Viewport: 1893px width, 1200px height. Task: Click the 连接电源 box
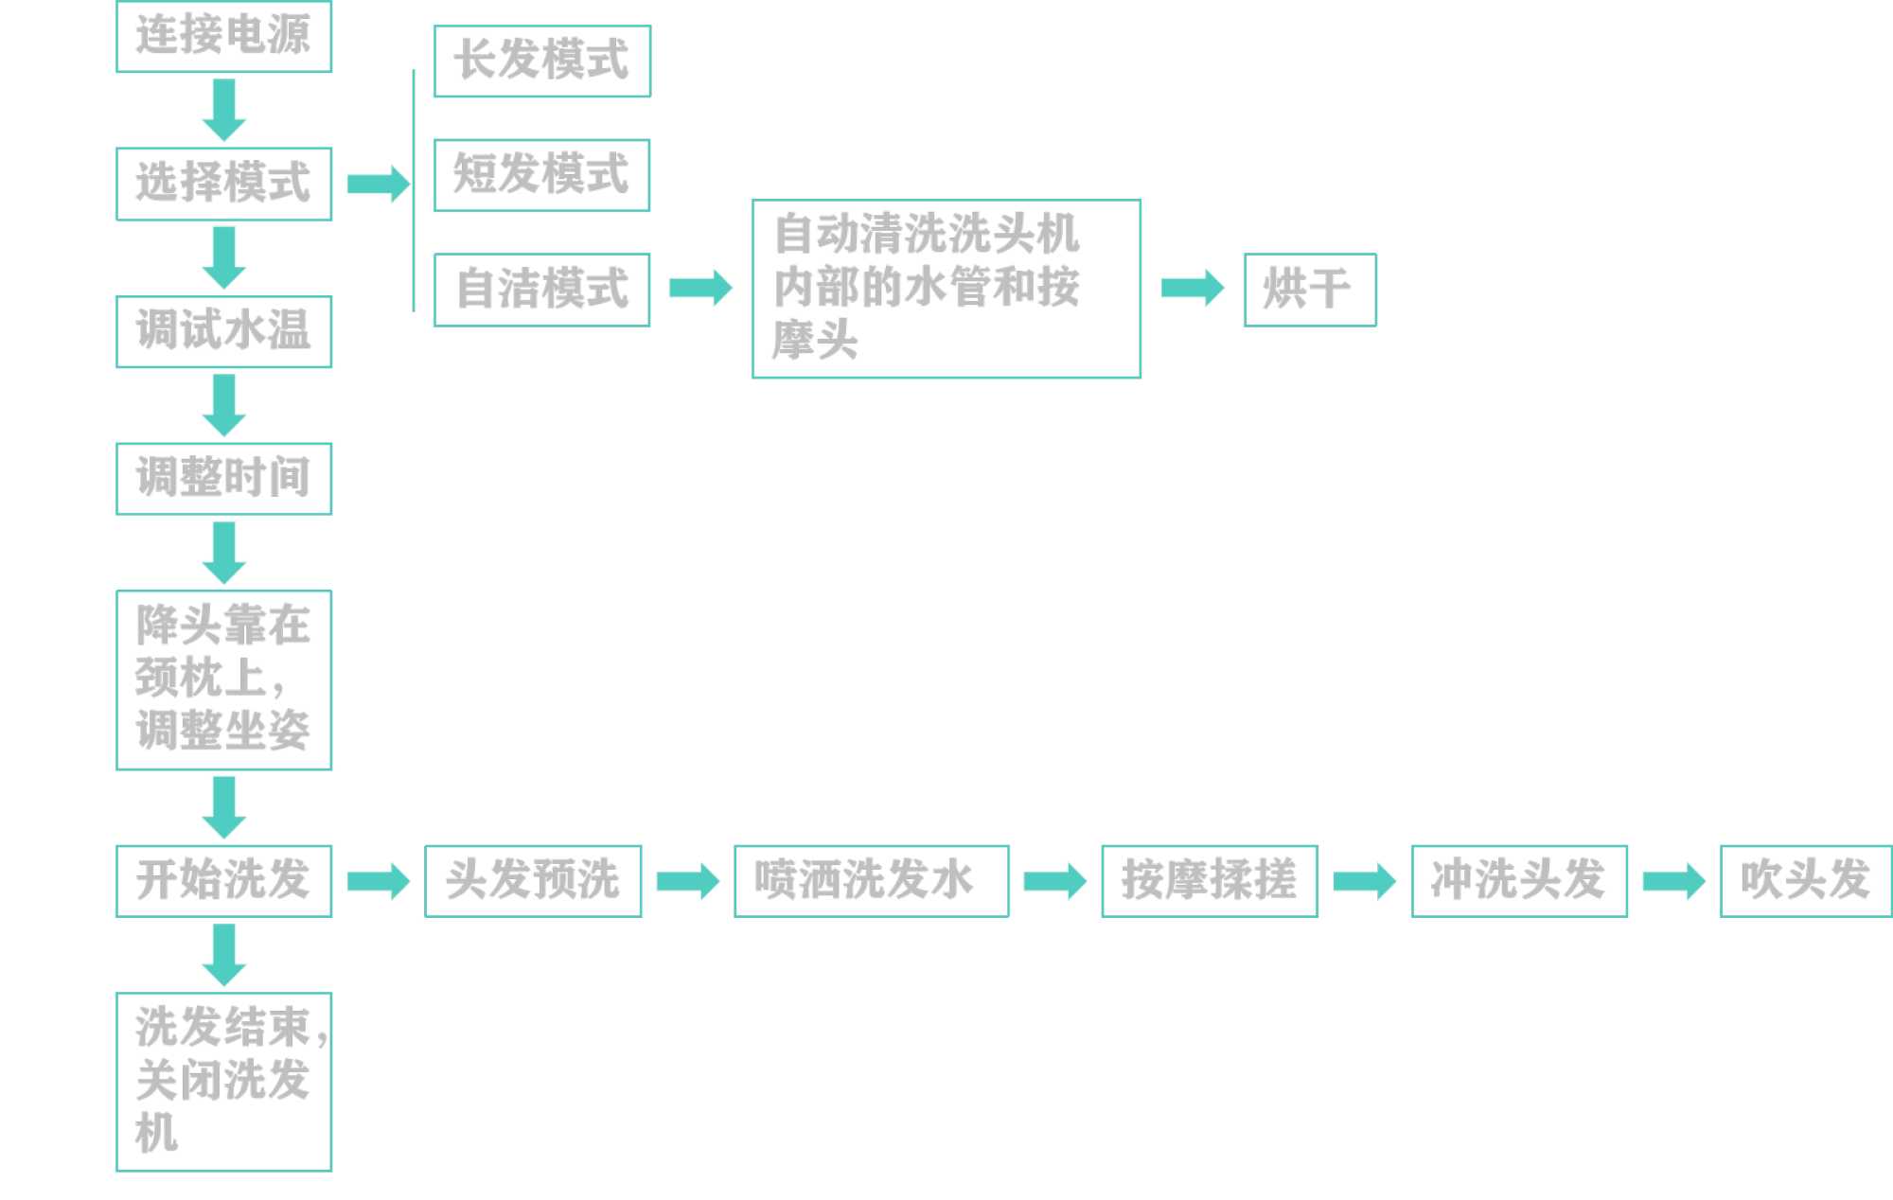tap(223, 36)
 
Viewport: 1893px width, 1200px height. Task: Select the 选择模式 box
tap(223, 184)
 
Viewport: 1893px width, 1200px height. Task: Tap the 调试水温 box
tap(223, 331)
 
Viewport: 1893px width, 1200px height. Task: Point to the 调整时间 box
tap(223, 479)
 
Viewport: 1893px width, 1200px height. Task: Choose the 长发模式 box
tap(541, 61)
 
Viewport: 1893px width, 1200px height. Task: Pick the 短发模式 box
tap(541, 175)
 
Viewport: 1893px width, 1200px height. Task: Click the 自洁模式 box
tap(541, 290)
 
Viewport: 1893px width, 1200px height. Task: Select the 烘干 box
tap(1309, 290)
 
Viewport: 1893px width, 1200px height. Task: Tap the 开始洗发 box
tap(223, 881)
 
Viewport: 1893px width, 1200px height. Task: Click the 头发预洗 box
tap(533, 881)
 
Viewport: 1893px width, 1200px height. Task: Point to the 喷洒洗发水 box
tap(871, 881)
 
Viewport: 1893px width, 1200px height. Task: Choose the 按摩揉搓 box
tap(1209, 881)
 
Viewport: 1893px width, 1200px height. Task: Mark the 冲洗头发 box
tap(1518, 881)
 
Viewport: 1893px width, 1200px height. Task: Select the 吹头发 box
tap(1805, 881)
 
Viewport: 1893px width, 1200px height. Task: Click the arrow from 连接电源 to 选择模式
tap(224, 110)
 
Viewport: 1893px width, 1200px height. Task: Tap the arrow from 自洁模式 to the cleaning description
tap(700, 288)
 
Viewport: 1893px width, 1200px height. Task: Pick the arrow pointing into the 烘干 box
tap(1192, 288)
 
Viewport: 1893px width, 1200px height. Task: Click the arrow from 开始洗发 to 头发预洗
tap(378, 882)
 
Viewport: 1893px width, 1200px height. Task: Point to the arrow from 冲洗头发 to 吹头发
tap(1672, 882)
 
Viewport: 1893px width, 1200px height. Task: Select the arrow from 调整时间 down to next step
tap(224, 553)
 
